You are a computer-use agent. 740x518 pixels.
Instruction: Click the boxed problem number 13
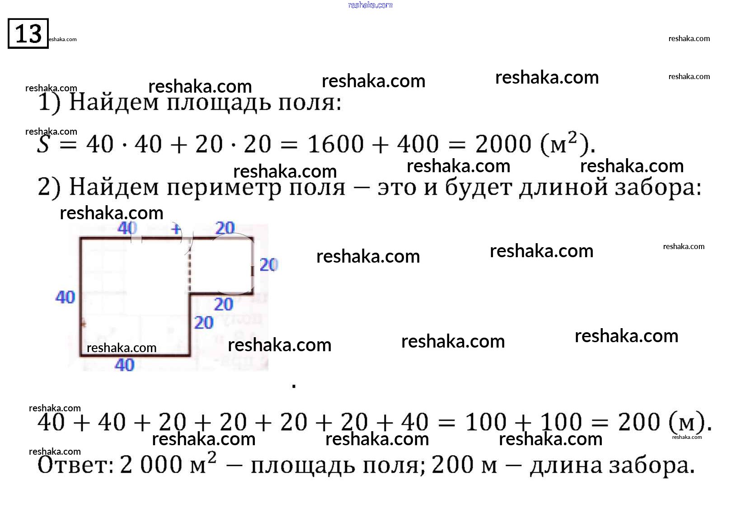[x=28, y=33]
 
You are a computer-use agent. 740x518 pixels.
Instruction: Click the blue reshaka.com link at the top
[x=370, y=5]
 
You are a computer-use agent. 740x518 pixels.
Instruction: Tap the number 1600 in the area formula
[x=336, y=144]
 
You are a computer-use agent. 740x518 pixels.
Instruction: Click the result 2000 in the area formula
[x=503, y=144]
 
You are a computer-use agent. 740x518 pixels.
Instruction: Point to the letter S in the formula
[x=44, y=144]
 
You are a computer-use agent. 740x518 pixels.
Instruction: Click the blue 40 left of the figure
[x=65, y=297]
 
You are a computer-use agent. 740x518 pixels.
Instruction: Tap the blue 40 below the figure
[x=125, y=365]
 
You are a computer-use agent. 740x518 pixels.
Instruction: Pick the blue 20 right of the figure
[x=269, y=265]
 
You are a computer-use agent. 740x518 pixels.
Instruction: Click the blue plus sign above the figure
[x=176, y=229]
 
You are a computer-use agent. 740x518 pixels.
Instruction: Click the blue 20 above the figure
[x=225, y=228]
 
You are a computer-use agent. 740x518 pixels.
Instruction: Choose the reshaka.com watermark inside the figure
[x=121, y=348]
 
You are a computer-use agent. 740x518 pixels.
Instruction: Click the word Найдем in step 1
[x=114, y=103]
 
